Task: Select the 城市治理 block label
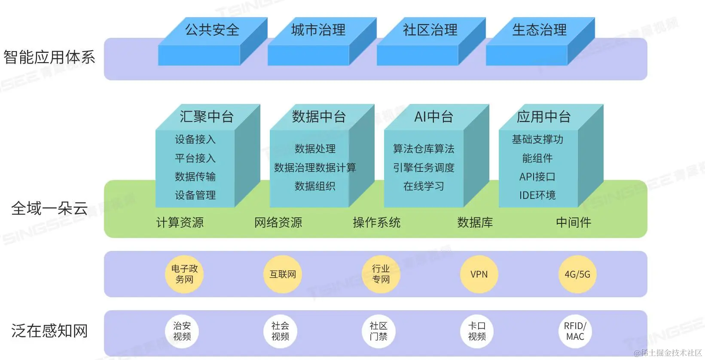(x=318, y=30)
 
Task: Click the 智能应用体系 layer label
(x=49, y=57)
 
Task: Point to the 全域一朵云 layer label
(x=49, y=209)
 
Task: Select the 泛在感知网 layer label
(x=49, y=331)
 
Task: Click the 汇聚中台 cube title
(x=207, y=116)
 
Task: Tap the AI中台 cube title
(x=433, y=116)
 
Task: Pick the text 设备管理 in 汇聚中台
(x=195, y=195)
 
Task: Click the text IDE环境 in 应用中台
(x=537, y=195)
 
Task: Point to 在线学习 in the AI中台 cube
(x=424, y=186)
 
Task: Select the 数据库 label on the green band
(x=475, y=223)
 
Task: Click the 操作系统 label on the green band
(x=377, y=223)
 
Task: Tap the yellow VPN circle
(x=479, y=274)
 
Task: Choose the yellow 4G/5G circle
(x=577, y=274)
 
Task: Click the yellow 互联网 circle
(x=283, y=274)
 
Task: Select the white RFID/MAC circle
(x=575, y=331)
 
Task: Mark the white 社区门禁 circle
(x=378, y=331)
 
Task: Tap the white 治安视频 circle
(x=182, y=331)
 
